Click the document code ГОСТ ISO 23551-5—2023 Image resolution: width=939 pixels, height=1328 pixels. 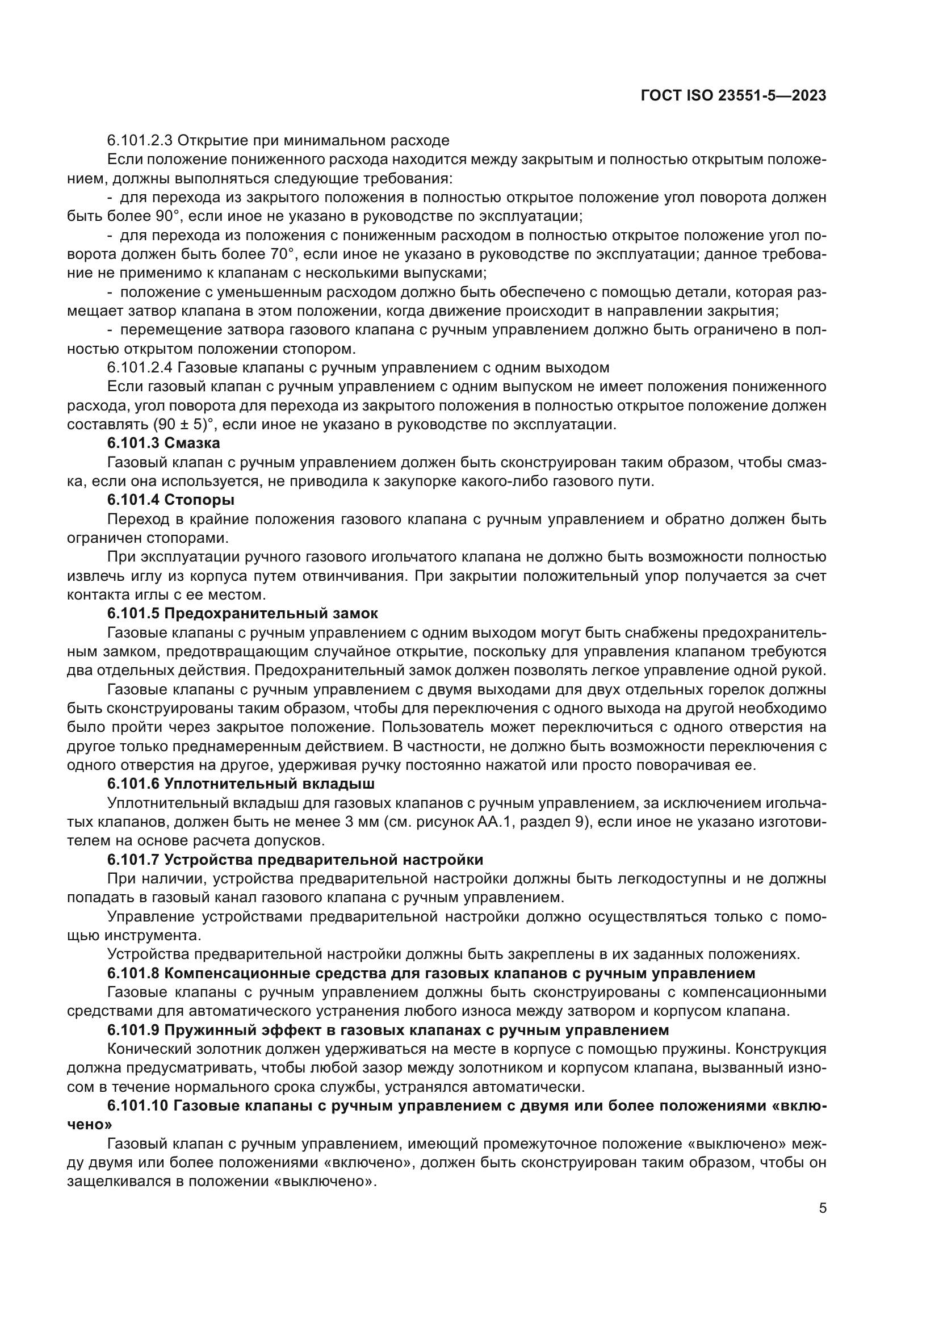pyautogui.click(x=733, y=96)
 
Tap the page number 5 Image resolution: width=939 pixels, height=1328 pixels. pyautogui.click(x=823, y=1208)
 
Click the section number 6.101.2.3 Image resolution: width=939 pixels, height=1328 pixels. pyautogui.click(x=139, y=141)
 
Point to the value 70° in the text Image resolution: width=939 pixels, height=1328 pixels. pyautogui.click(x=282, y=254)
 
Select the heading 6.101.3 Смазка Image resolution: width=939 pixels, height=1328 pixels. pyautogui.click(x=164, y=443)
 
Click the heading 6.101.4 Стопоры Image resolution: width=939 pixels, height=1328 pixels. pyautogui.click(x=170, y=500)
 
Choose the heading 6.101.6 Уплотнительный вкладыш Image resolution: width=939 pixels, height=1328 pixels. pyautogui.click(x=241, y=784)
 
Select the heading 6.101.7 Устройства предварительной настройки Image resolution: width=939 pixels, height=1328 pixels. pyautogui.click(x=295, y=860)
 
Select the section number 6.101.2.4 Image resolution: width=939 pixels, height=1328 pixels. pyautogui.click(x=139, y=368)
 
